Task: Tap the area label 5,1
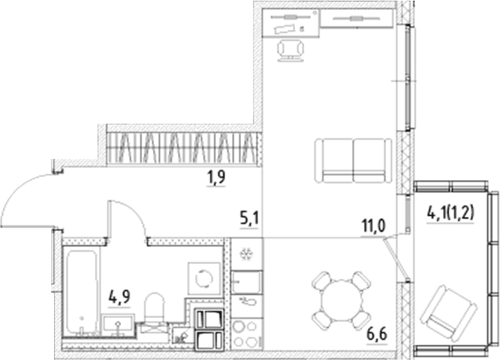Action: click(249, 219)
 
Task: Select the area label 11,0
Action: click(373, 226)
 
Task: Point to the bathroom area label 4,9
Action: click(119, 298)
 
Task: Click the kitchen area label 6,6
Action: click(377, 334)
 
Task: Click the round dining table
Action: click(341, 301)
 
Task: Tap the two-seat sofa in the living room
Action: click(354, 160)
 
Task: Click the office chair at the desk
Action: click(291, 50)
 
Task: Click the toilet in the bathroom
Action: click(155, 308)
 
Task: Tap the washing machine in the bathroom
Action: click(204, 279)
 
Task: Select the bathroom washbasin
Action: click(119, 323)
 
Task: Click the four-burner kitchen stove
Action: click(245, 333)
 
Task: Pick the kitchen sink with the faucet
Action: click(246, 282)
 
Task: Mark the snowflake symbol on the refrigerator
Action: click(246, 254)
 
